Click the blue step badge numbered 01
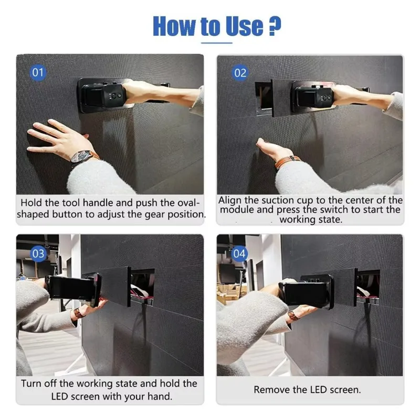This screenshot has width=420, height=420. click(x=38, y=72)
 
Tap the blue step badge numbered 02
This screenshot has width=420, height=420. click(x=240, y=73)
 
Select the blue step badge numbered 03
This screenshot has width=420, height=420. click(x=38, y=254)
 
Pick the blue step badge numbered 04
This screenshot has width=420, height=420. click(x=239, y=254)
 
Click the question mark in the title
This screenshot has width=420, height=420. click(x=275, y=26)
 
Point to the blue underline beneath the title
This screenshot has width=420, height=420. click(x=217, y=43)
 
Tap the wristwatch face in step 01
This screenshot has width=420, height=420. click(x=80, y=156)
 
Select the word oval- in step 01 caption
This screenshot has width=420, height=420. click(x=189, y=203)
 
